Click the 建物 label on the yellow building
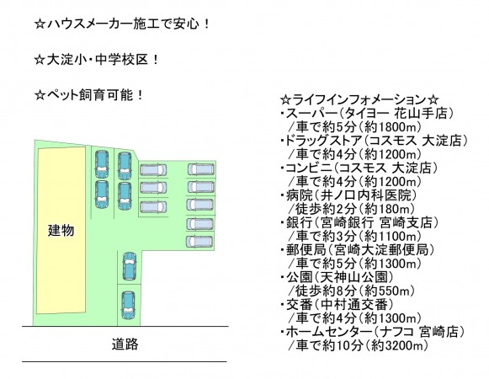click(61, 231)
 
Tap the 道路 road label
click(125, 344)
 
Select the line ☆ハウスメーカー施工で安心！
click(123, 24)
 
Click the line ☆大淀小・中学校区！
click(97, 59)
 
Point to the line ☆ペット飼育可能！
click(89, 95)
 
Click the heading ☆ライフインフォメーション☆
click(359, 100)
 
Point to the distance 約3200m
click(397, 345)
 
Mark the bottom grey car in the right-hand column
click(200, 242)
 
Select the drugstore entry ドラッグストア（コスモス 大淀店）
click(374, 141)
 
